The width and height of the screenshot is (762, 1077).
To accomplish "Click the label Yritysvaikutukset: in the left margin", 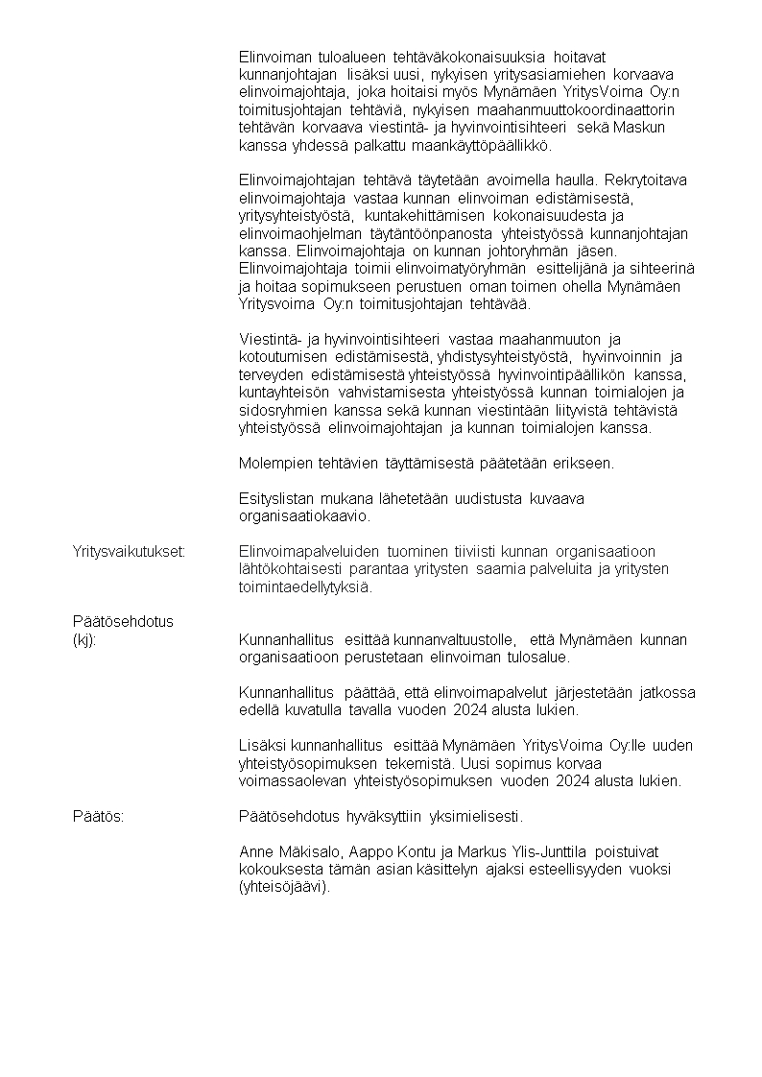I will (x=129, y=551).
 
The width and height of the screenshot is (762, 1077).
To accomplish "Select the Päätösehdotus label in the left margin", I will (x=123, y=621).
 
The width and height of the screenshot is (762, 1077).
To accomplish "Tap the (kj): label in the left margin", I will (x=84, y=640).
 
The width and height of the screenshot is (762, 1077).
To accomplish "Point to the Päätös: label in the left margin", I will (x=101, y=817).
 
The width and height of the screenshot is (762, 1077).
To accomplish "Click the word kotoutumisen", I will (x=279, y=357).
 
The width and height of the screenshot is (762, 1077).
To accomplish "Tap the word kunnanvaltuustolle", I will (x=454, y=640).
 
